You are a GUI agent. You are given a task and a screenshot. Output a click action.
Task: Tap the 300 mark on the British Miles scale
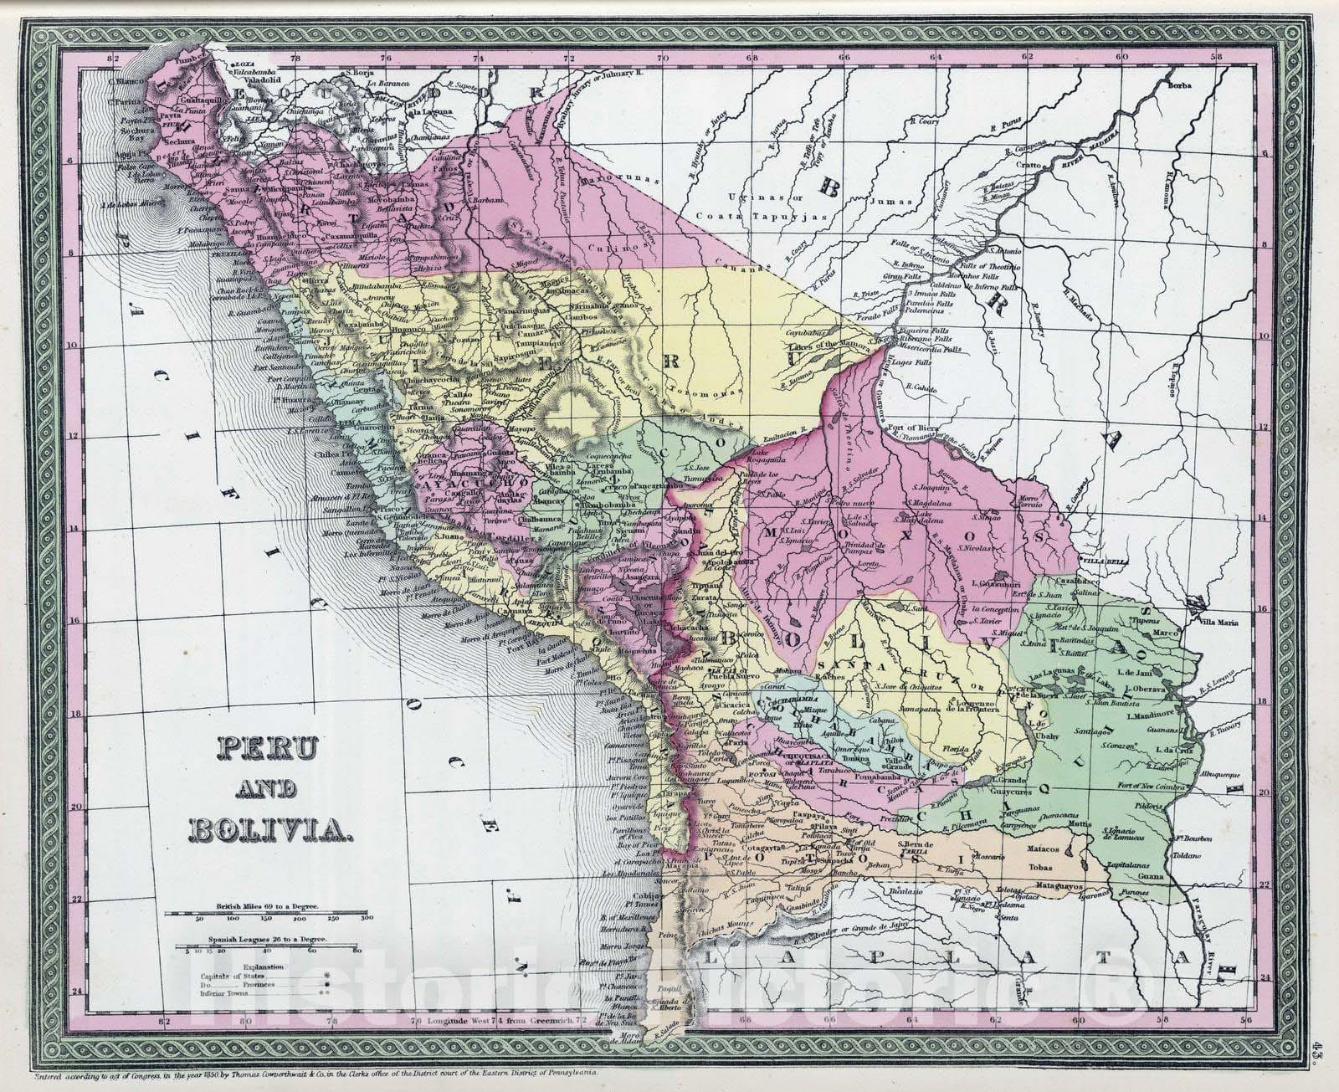[x=365, y=918]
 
